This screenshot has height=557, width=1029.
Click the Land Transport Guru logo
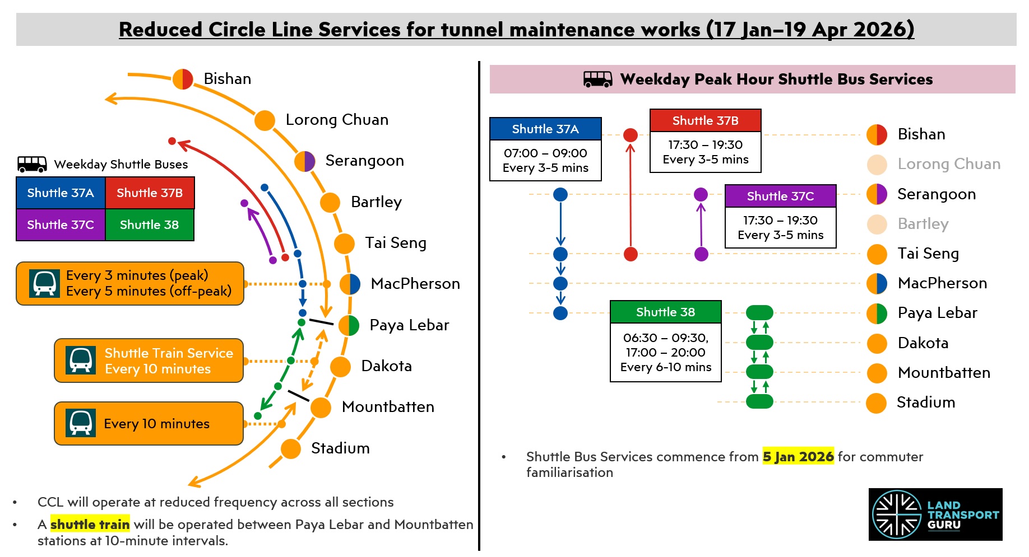935,514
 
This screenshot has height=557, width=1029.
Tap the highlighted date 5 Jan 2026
798,457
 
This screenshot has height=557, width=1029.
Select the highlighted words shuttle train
90,525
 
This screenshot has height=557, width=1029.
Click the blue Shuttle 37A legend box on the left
61,193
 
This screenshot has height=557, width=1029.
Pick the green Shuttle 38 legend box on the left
149,225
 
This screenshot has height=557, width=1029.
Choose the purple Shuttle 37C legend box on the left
61,225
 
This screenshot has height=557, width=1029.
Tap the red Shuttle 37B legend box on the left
150,193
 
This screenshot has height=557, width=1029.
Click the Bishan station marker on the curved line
183,79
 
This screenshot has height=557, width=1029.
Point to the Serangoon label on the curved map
364,161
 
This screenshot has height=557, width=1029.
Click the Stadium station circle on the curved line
291,448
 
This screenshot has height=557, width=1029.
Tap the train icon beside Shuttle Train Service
81,360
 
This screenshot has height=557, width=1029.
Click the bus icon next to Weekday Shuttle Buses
32,164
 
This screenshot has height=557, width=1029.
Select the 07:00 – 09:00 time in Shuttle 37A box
545,153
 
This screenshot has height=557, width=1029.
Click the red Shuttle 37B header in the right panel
705,121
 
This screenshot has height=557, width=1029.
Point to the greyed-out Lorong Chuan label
948,164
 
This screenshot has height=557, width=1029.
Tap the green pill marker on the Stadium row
759,401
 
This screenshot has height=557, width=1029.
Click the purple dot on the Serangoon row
701,194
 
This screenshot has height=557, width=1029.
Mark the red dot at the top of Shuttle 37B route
631,135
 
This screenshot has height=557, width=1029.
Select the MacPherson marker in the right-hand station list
877,283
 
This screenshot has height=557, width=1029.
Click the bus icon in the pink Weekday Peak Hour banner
597,79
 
